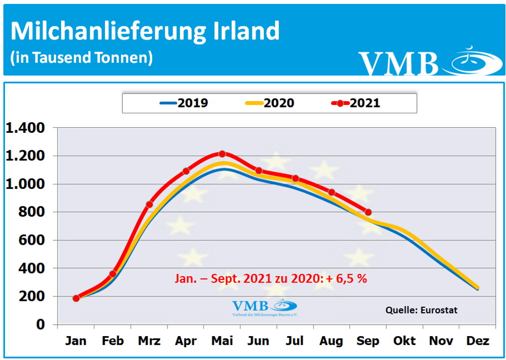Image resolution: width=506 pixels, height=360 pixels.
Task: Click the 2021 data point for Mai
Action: coord(222,154)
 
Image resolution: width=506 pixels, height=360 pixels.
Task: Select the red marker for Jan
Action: coord(76,298)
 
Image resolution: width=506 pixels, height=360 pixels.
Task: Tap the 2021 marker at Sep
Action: coord(368,212)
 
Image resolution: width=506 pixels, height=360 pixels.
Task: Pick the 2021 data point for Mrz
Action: coord(149,204)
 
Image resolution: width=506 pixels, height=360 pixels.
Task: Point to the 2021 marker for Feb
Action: coord(113,274)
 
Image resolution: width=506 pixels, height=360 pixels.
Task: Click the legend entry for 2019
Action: coord(183,103)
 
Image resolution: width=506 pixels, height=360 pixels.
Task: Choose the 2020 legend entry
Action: coord(269,103)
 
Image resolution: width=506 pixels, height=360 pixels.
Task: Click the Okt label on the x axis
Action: coord(405,341)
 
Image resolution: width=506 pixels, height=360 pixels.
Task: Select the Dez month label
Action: coord(478,341)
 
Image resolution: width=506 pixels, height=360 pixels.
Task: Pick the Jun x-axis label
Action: coord(258,341)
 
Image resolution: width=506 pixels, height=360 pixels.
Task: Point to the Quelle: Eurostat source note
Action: coord(421,310)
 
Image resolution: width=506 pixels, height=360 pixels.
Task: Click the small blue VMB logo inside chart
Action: coord(264,307)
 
